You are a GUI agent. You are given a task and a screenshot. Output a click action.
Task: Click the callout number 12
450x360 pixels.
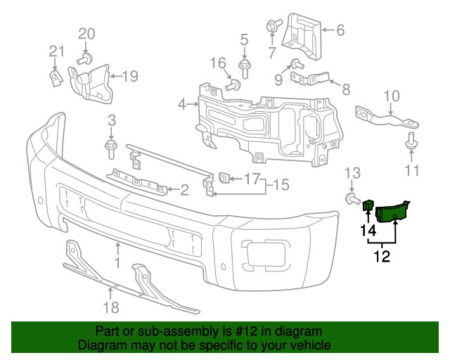[x=382, y=257]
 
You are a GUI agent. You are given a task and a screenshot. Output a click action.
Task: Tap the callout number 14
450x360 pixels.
[x=368, y=230]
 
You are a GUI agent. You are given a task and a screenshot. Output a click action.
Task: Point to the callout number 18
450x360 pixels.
[x=111, y=307]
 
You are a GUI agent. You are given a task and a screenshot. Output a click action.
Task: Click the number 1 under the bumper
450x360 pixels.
[x=118, y=263]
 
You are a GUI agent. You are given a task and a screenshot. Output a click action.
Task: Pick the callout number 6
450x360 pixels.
[x=340, y=30]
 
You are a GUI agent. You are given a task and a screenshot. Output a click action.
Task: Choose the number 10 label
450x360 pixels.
[x=392, y=96]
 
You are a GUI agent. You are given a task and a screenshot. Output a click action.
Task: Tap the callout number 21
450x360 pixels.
[x=56, y=50]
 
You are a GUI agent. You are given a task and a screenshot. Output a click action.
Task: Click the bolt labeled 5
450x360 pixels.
[x=244, y=68]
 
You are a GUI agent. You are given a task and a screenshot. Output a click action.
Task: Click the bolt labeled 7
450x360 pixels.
[x=271, y=26]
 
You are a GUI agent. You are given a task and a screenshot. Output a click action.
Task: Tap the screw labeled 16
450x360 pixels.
[x=233, y=85]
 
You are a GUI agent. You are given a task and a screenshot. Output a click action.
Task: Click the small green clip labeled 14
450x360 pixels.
[x=367, y=205]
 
